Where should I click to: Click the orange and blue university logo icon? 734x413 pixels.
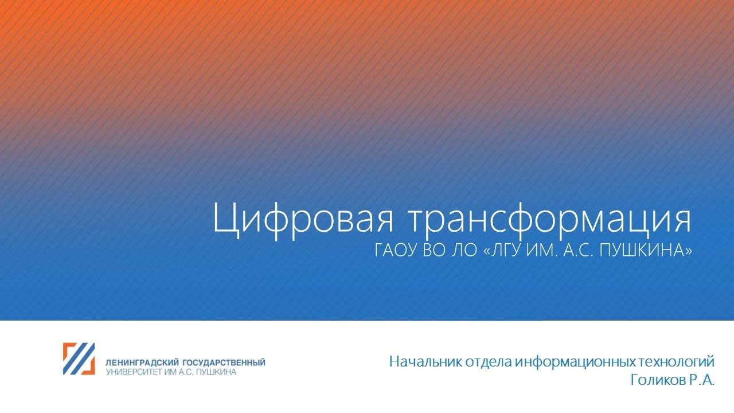(79, 359)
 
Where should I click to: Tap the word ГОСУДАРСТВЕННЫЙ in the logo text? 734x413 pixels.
(224, 363)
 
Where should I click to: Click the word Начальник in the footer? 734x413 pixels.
(421, 362)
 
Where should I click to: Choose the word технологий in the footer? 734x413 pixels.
(676, 362)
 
